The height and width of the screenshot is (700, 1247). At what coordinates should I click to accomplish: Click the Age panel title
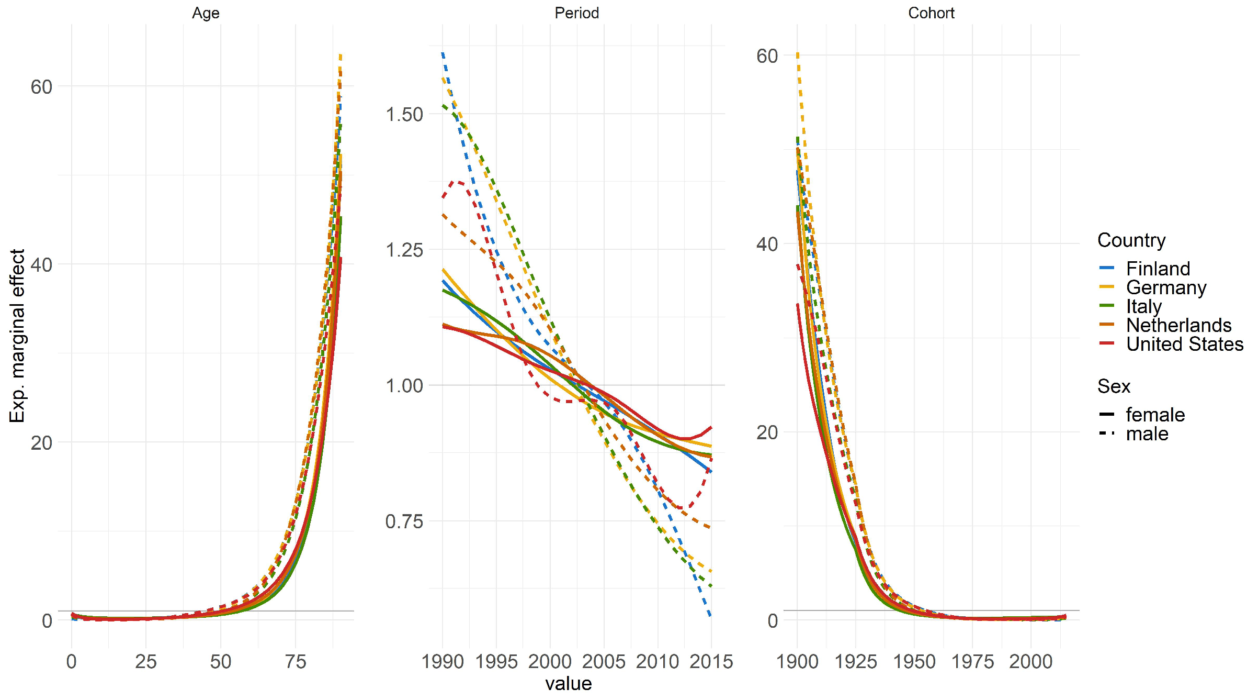(206, 13)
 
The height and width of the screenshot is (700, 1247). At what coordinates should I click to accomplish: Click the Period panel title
(576, 13)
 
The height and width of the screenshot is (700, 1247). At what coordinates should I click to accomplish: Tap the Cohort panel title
(931, 13)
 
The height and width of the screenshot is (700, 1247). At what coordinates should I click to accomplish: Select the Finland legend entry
(1158, 269)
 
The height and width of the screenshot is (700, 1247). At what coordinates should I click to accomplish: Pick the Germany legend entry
(1166, 287)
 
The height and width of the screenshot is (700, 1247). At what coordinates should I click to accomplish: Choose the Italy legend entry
(1143, 306)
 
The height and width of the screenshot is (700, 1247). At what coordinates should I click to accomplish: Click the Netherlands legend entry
(1178, 325)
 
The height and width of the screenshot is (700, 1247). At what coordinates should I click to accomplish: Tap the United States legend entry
(1184, 344)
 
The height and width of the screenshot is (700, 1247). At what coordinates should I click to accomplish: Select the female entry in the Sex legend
(1155, 415)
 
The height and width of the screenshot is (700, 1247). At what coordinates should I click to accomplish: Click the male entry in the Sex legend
(1147, 434)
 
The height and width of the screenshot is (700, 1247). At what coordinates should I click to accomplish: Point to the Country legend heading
(1131, 240)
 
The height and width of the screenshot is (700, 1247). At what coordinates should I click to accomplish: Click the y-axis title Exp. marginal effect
(17, 336)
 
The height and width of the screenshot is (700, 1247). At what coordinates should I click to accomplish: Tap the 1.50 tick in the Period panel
(404, 115)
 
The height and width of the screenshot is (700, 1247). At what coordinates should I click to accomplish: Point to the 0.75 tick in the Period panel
(404, 521)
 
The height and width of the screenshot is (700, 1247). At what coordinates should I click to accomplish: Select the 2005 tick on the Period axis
(604, 662)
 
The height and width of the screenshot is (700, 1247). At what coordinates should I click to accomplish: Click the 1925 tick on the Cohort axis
(855, 662)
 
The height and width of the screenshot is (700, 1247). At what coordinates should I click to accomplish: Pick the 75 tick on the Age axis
(295, 662)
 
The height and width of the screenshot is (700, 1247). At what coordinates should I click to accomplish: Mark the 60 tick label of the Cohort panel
(767, 56)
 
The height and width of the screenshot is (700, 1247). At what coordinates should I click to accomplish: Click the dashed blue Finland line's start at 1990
(443, 54)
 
